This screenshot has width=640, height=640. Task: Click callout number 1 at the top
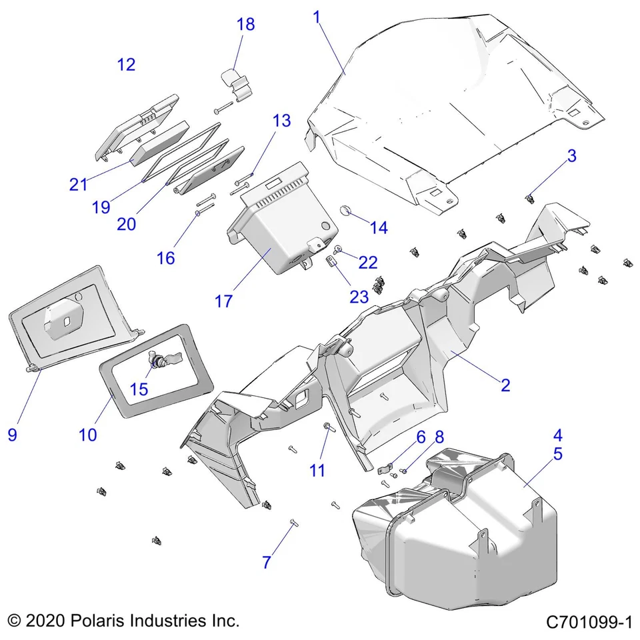coord(317,17)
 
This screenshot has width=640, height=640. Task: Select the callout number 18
coord(245,25)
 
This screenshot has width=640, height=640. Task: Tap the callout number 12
coord(126,65)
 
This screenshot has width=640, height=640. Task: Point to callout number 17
coord(224,301)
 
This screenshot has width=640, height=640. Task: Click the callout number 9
coord(12,435)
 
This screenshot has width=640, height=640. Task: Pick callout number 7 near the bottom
coord(267,562)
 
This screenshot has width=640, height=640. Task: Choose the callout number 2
coord(505,385)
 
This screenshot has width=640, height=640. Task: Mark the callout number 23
coord(359,296)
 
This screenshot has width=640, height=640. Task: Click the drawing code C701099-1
coord(588,623)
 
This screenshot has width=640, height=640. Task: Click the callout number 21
coord(79,184)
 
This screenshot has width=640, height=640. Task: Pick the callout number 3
coord(572,156)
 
